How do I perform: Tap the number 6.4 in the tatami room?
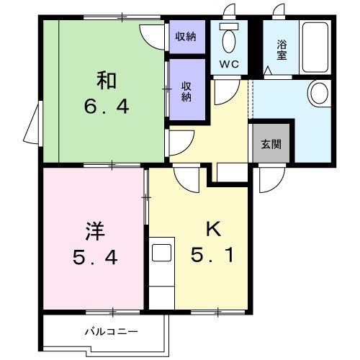tap(104, 107)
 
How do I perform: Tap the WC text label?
tap(230, 63)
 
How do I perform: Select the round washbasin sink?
tap(318, 93)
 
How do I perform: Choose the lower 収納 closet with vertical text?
tap(186, 90)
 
